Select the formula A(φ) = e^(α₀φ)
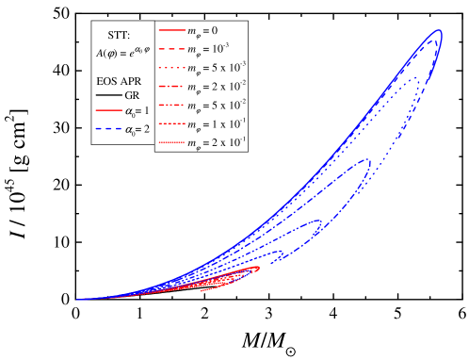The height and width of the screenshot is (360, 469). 122,54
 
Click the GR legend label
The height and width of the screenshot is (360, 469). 133,97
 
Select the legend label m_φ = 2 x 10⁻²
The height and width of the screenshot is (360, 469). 216,86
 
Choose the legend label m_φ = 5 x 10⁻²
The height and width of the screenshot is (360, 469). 216,105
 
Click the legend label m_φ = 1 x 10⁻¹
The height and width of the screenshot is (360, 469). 216,123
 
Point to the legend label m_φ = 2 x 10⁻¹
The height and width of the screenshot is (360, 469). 216,142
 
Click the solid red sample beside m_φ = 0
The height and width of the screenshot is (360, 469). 170,30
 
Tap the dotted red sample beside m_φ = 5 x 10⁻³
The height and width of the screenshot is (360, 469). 170,67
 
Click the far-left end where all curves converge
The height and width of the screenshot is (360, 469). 79,300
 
